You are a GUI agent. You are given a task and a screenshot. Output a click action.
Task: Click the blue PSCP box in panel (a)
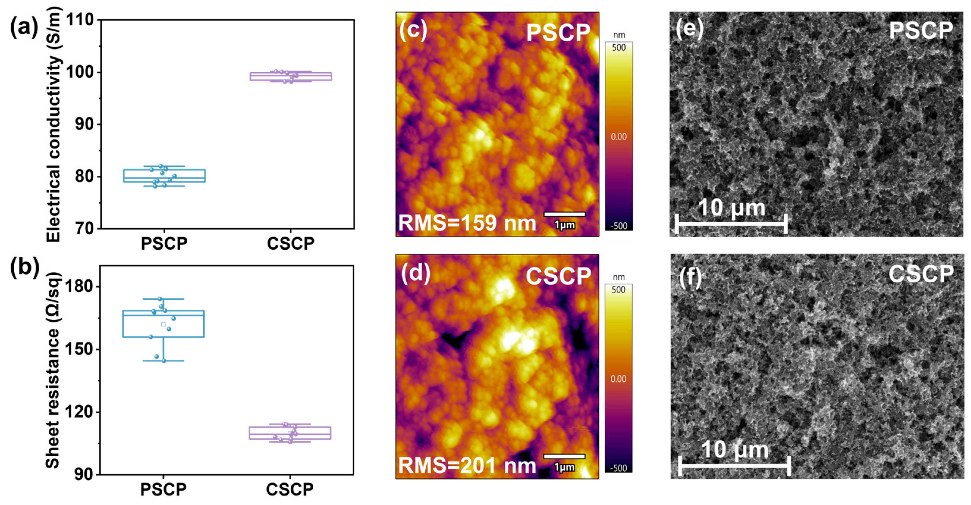pyautogui.click(x=164, y=176)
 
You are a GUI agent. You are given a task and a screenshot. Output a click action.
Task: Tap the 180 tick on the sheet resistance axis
pyautogui.click(x=79, y=287)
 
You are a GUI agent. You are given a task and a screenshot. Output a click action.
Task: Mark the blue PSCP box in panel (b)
pyautogui.click(x=163, y=323)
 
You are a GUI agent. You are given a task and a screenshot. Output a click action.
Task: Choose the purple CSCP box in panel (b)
pyautogui.click(x=290, y=433)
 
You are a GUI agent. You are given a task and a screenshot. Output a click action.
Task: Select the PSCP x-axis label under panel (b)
pyautogui.click(x=163, y=489)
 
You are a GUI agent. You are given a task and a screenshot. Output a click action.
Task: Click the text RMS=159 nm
pyautogui.click(x=467, y=223)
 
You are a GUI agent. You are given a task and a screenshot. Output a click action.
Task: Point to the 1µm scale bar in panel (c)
pyautogui.click(x=564, y=214)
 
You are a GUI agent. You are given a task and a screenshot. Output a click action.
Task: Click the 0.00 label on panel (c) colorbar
pyautogui.click(x=619, y=137)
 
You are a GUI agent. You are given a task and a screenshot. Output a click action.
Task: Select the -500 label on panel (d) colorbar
pyautogui.click(x=619, y=468)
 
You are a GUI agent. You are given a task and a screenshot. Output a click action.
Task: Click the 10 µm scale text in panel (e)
pyautogui.click(x=731, y=208)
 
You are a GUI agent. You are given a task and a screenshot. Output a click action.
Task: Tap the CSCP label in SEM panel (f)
pyautogui.click(x=920, y=274)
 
